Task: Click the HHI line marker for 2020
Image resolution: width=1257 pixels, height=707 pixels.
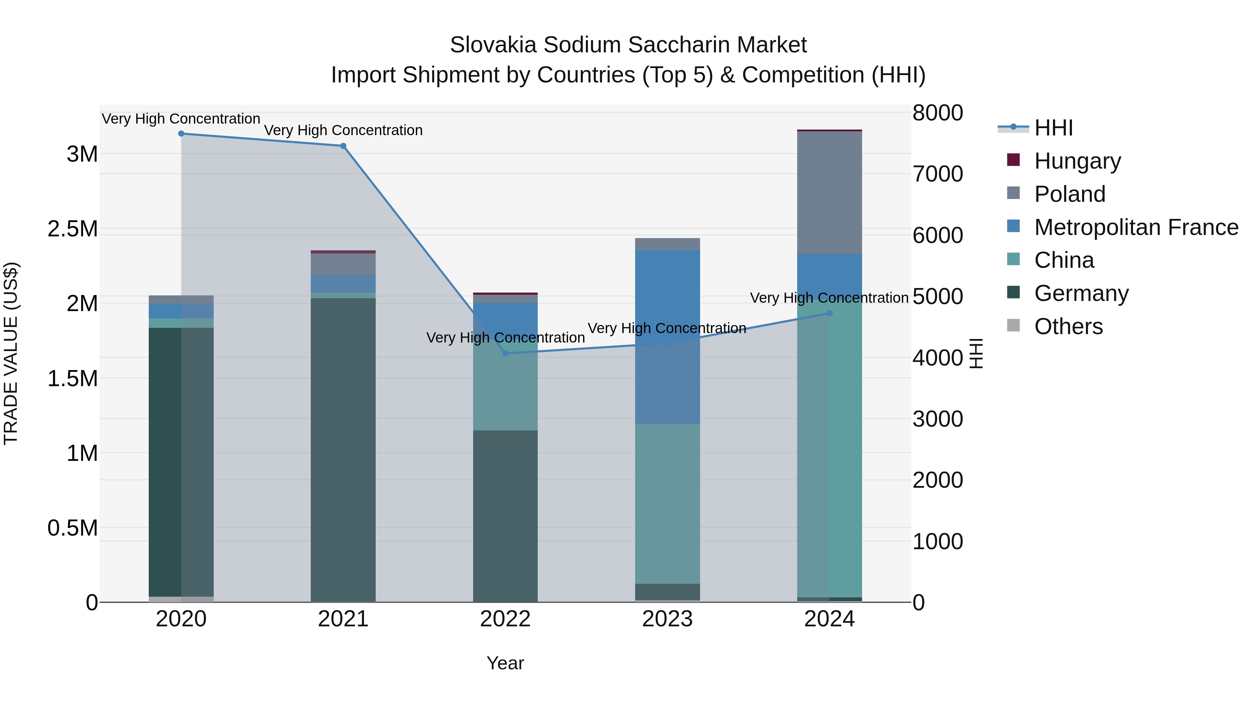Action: [x=181, y=134]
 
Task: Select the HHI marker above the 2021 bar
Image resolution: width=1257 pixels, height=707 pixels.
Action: [x=343, y=146]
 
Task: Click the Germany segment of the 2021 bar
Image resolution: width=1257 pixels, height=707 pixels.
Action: [x=343, y=449]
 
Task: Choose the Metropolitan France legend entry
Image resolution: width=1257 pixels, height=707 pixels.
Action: [x=1136, y=227]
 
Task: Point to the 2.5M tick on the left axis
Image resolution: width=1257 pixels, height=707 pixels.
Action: [x=73, y=229]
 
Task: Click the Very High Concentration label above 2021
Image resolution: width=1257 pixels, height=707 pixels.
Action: [x=343, y=130]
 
